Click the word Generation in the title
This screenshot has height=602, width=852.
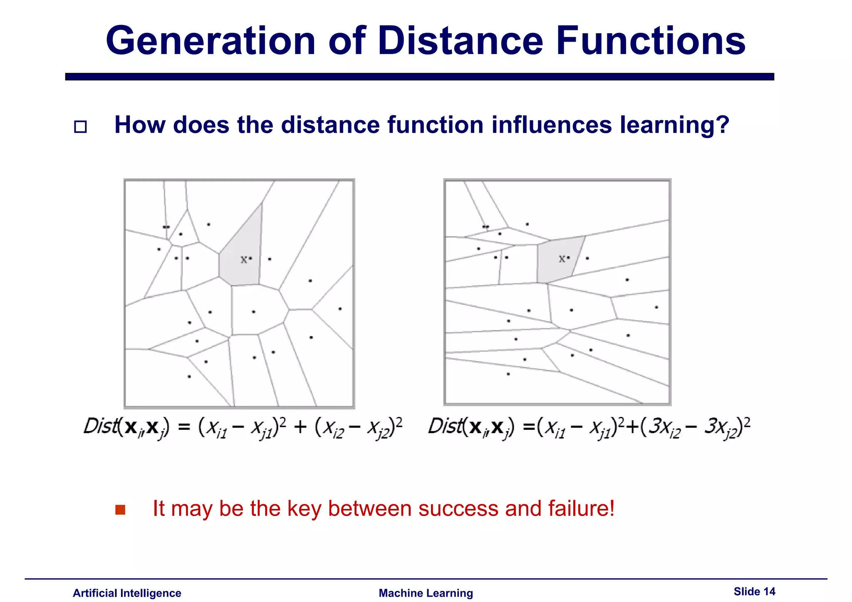[211, 41]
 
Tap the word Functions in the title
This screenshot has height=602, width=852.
[650, 41]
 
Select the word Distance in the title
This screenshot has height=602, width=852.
[460, 41]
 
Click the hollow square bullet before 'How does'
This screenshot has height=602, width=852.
[80, 126]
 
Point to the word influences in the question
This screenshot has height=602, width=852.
[551, 125]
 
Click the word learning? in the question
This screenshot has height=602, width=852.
[674, 125]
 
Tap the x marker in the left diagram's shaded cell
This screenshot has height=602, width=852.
[244, 260]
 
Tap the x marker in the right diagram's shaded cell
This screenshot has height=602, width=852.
[562, 259]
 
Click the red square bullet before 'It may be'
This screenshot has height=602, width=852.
[120, 510]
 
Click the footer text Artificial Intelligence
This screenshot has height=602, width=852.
[127, 593]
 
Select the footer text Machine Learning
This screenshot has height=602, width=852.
[426, 593]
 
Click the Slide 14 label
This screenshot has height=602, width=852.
[754, 591]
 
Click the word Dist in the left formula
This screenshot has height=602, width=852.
[99, 426]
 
